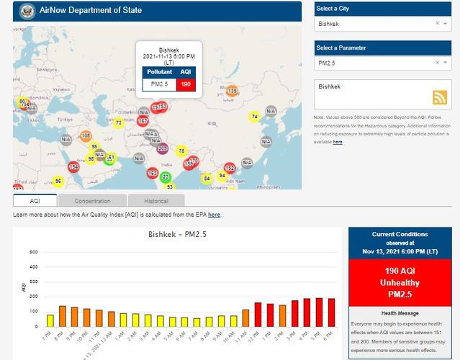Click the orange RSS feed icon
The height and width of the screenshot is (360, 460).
pos(439,98)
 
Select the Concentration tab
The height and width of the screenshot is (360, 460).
pos(92,201)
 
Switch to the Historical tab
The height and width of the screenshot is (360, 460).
pos(155,201)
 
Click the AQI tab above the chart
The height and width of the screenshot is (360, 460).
pos(35,201)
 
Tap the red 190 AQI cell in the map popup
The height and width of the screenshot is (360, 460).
pos(186,84)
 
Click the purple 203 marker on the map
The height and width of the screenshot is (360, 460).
pos(162,148)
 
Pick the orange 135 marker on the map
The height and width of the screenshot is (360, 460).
pos(232,91)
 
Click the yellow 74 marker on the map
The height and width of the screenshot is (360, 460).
pos(254,117)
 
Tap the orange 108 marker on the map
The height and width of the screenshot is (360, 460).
pos(86,135)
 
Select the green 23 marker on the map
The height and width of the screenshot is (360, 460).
pos(166,176)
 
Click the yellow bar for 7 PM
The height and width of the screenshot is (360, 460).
pos(50,320)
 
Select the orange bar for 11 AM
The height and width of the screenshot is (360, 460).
pos(245,318)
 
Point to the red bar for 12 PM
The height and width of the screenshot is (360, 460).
pos(258,314)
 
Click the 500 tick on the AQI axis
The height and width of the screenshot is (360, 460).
pos(33,252)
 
